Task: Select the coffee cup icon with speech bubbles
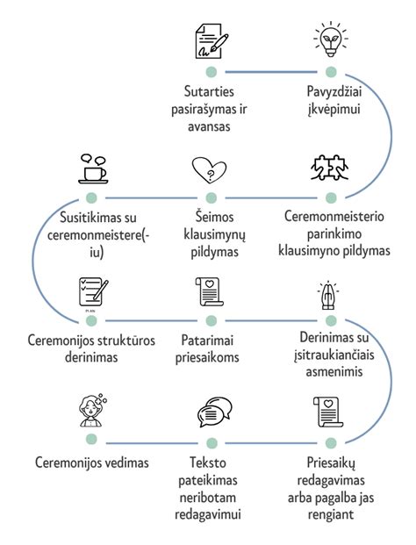pos(92,168)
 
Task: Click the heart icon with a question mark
pos(211,169)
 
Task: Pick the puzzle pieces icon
pos(329,168)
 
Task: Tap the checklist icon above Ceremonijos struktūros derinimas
pos(92,294)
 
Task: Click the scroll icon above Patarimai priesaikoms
pos(211,294)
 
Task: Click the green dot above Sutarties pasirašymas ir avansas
pos(211,72)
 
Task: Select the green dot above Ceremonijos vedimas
pos(91,443)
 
